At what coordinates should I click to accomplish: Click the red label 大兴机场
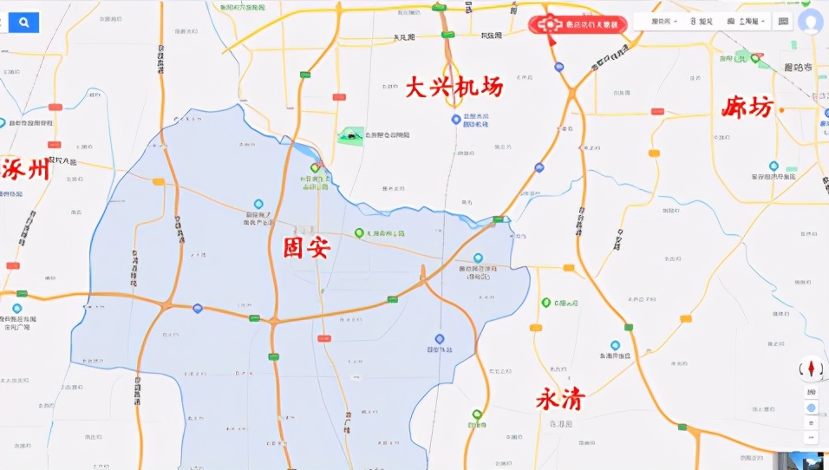[454, 87]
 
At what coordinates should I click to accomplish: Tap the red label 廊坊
[747, 108]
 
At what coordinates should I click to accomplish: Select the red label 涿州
[25, 169]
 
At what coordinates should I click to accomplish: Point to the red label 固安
[307, 247]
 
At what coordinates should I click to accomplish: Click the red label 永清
[560, 400]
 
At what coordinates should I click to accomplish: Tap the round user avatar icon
[811, 22]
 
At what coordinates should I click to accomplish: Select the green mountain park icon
[351, 134]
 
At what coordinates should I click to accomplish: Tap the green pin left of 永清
[477, 415]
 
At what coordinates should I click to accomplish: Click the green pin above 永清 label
[546, 303]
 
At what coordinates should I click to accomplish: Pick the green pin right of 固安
[359, 233]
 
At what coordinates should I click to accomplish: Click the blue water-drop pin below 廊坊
[774, 166]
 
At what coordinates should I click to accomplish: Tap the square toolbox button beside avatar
[783, 22]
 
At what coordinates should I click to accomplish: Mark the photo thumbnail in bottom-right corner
[807, 460]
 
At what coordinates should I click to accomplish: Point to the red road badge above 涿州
[55, 108]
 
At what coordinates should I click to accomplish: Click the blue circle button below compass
[811, 408]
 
